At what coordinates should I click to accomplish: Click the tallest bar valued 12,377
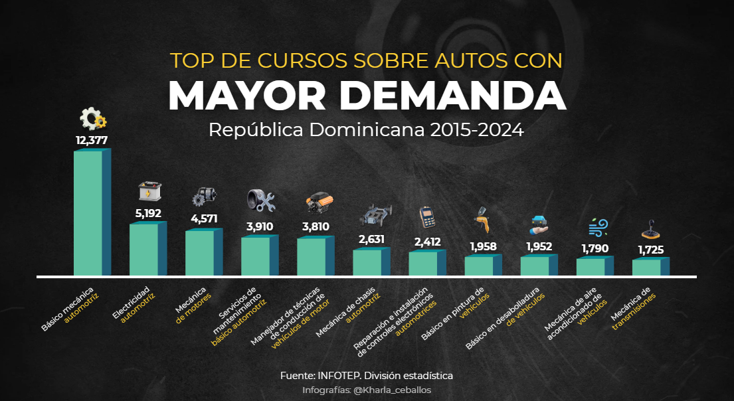tap(88, 212)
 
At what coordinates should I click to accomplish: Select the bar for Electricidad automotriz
tap(144, 249)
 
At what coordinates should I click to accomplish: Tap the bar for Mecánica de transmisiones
tap(647, 267)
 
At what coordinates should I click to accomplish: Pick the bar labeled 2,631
tap(367, 262)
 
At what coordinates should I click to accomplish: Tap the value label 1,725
tap(650, 250)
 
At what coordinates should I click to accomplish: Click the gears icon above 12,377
tap(92, 120)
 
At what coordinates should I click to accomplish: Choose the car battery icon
tap(148, 192)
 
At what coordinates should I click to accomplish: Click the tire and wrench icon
tap(260, 201)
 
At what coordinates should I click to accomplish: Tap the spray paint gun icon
tap(482, 221)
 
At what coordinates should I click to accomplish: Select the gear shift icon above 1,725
tap(650, 230)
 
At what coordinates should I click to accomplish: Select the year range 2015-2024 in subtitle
tap(476, 129)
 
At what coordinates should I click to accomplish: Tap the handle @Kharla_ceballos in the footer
tap(393, 390)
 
